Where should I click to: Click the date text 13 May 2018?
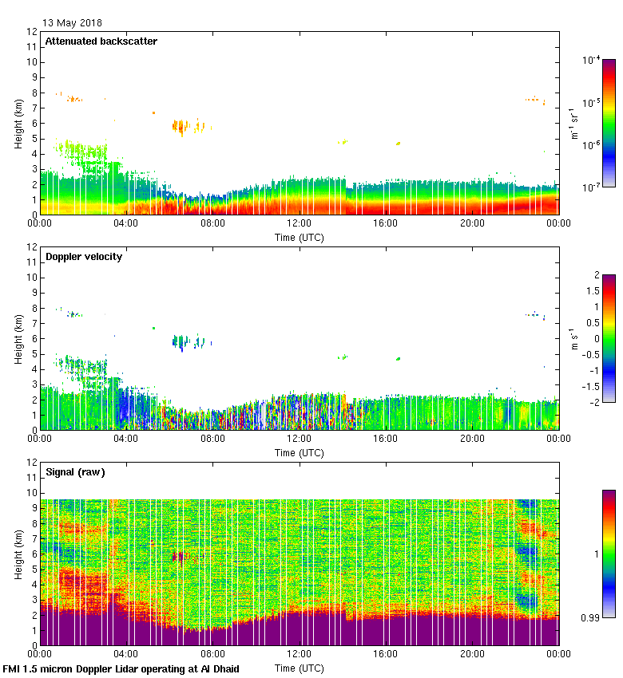(72, 23)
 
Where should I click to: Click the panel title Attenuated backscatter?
(101, 41)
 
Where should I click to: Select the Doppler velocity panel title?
(83, 256)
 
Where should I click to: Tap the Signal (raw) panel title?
(75, 471)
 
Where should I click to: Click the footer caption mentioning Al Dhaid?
(121, 668)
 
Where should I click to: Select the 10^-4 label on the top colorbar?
(591, 60)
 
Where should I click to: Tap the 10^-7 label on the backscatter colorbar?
(591, 187)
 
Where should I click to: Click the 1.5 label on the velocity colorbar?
(594, 291)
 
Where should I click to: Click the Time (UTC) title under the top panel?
(299, 237)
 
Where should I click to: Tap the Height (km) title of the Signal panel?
(18, 554)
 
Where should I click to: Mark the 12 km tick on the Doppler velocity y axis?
(33, 247)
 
